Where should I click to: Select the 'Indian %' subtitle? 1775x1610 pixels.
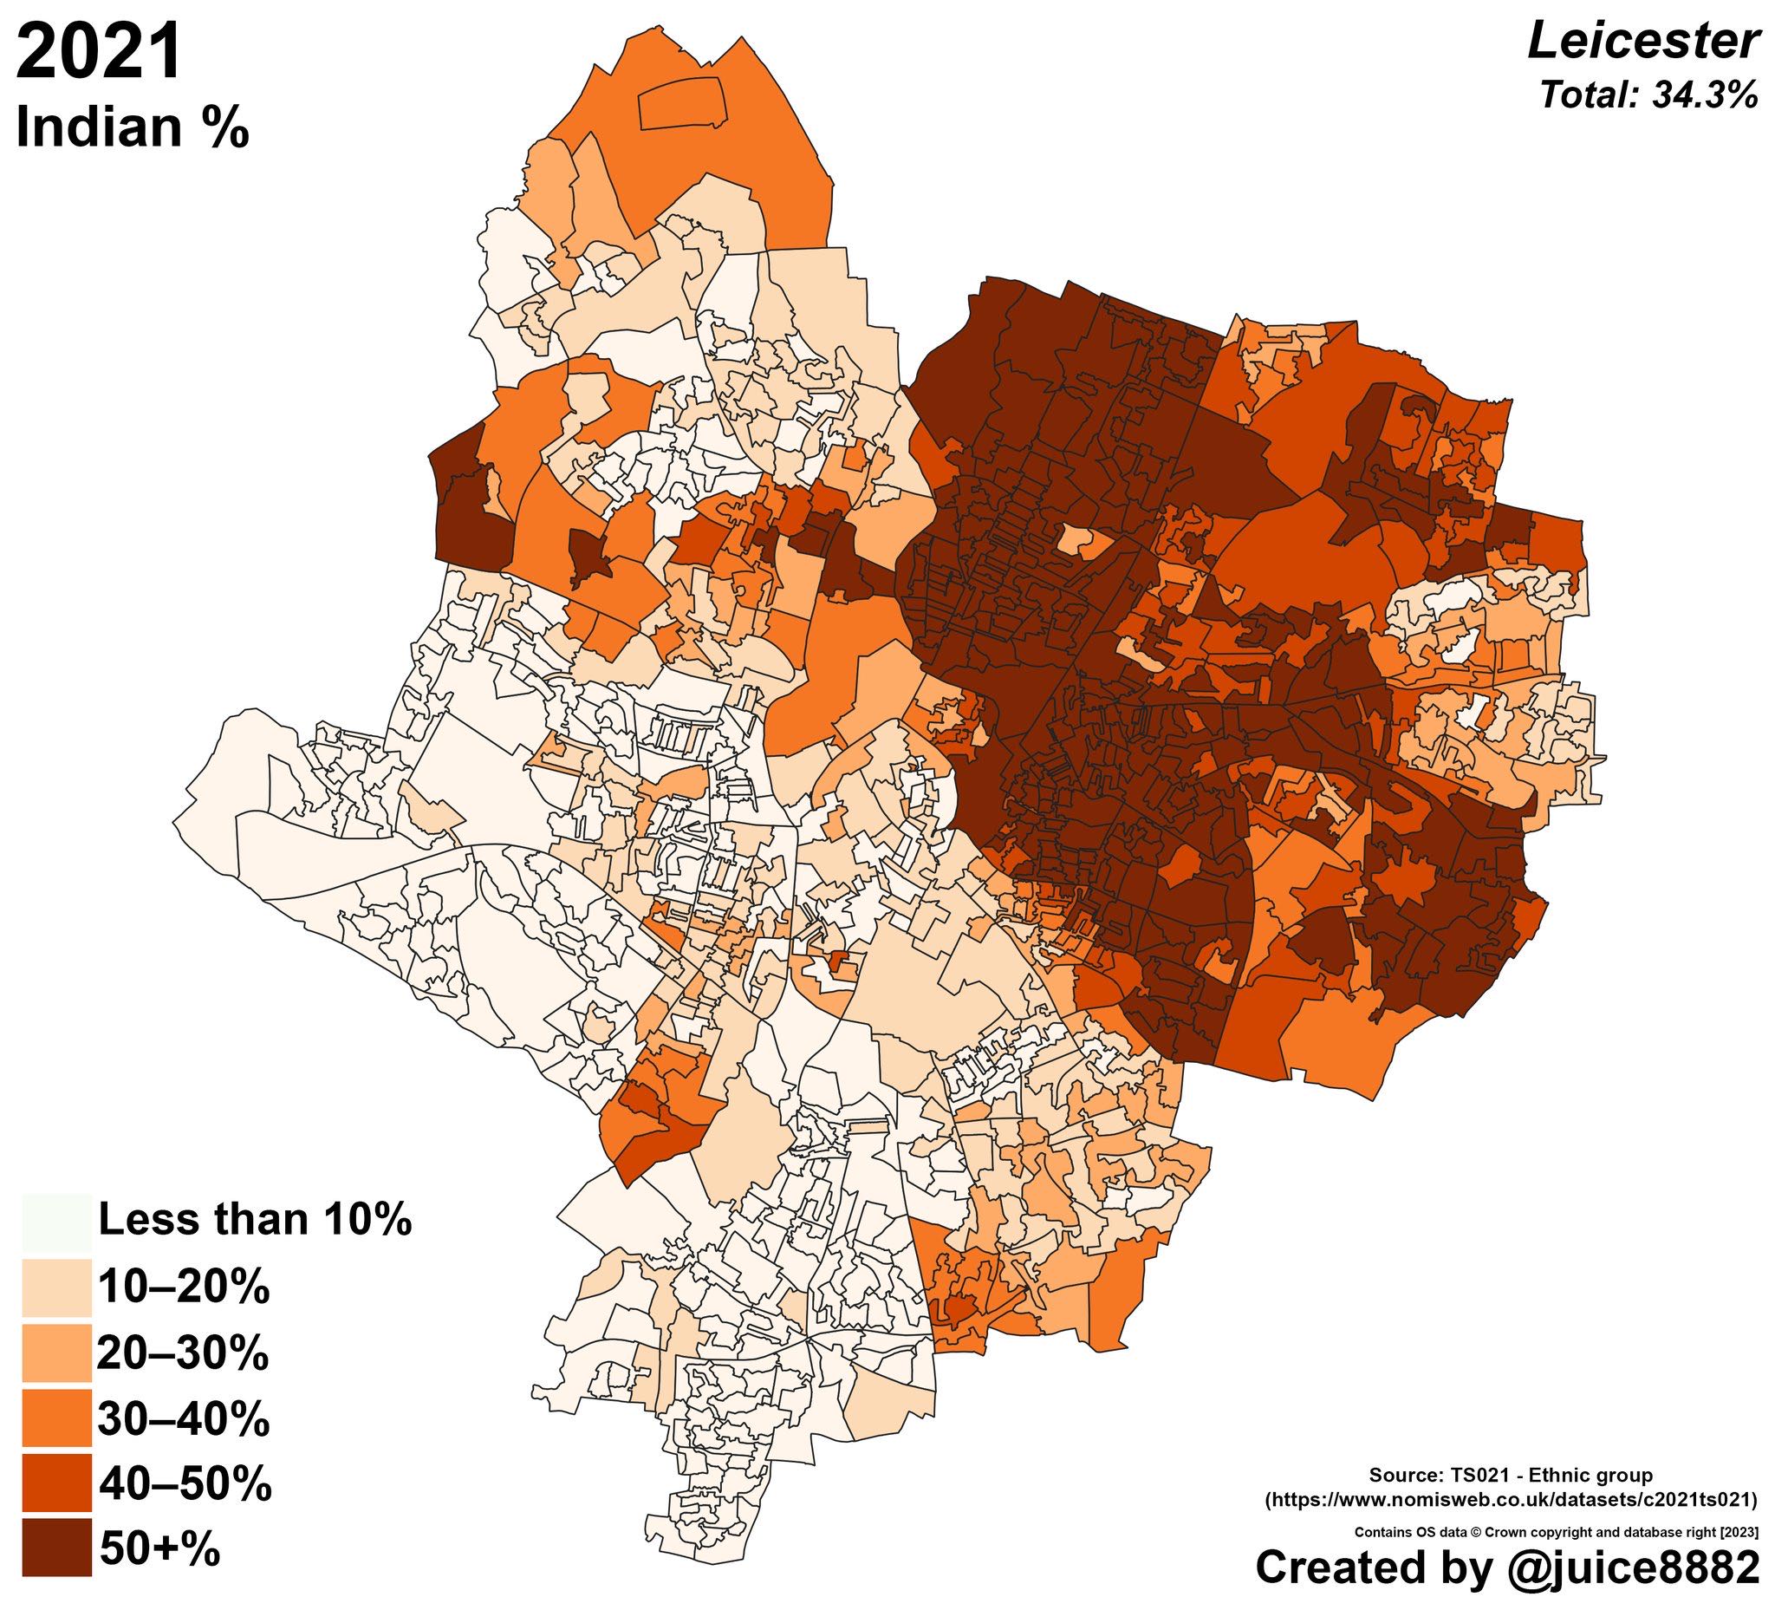(132, 128)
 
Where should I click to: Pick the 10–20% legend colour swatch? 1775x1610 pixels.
(56, 1287)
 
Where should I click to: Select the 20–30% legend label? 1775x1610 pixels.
(183, 1353)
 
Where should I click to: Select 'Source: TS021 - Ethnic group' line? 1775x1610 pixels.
(1511, 1474)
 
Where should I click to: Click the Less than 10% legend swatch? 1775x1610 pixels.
(56, 1222)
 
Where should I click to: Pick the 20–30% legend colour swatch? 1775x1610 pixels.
(56, 1353)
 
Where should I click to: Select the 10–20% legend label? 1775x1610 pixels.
(183, 1287)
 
